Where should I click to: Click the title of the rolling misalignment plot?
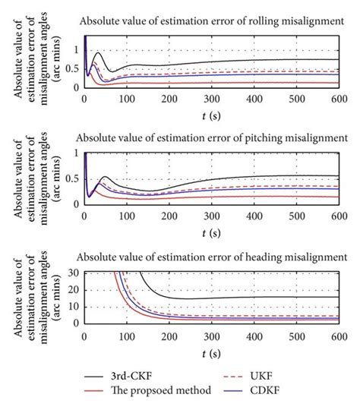pos(207,21)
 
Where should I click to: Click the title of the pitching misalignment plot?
pos(207,138)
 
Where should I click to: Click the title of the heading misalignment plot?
pos(207,256)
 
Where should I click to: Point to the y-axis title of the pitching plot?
pos(30,176)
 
